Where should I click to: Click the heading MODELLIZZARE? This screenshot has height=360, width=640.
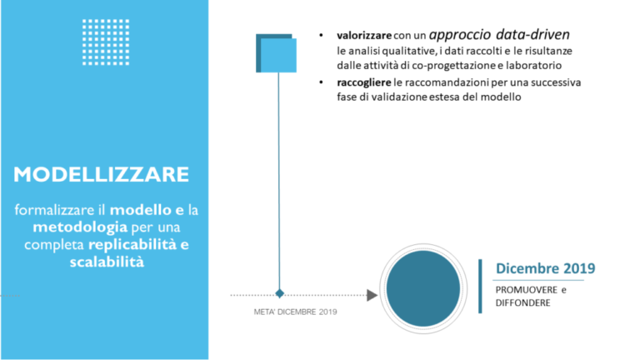(x=101, y=174)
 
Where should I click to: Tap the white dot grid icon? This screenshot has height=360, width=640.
(x=106, y=42)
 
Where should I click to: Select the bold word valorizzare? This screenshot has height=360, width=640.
(x=364, y=36)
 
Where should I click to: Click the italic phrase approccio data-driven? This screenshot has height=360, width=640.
(x=499, y=35)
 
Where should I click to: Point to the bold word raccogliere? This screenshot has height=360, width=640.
(x=363, y=82)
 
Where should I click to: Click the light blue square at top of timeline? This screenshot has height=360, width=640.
(x=278, y=55)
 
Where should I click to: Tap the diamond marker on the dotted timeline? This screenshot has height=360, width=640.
(x=280, y=293)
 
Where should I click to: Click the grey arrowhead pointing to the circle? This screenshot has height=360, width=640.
(x=372, y=295)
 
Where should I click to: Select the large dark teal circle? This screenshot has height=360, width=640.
(x=422, y=288)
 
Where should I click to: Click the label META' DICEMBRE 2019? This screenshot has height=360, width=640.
(x=296, y=312)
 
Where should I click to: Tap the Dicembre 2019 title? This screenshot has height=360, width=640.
(x=545, y=268)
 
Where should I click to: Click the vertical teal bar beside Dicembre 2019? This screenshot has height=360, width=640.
(x=480, y=286)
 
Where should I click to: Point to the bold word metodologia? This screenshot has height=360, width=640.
(x=80, y=227)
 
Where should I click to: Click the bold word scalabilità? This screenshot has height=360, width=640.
(x=107, y=262)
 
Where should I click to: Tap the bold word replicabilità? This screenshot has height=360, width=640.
(x=132, y=244)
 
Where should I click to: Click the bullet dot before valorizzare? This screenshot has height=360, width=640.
(x=321, y=36)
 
